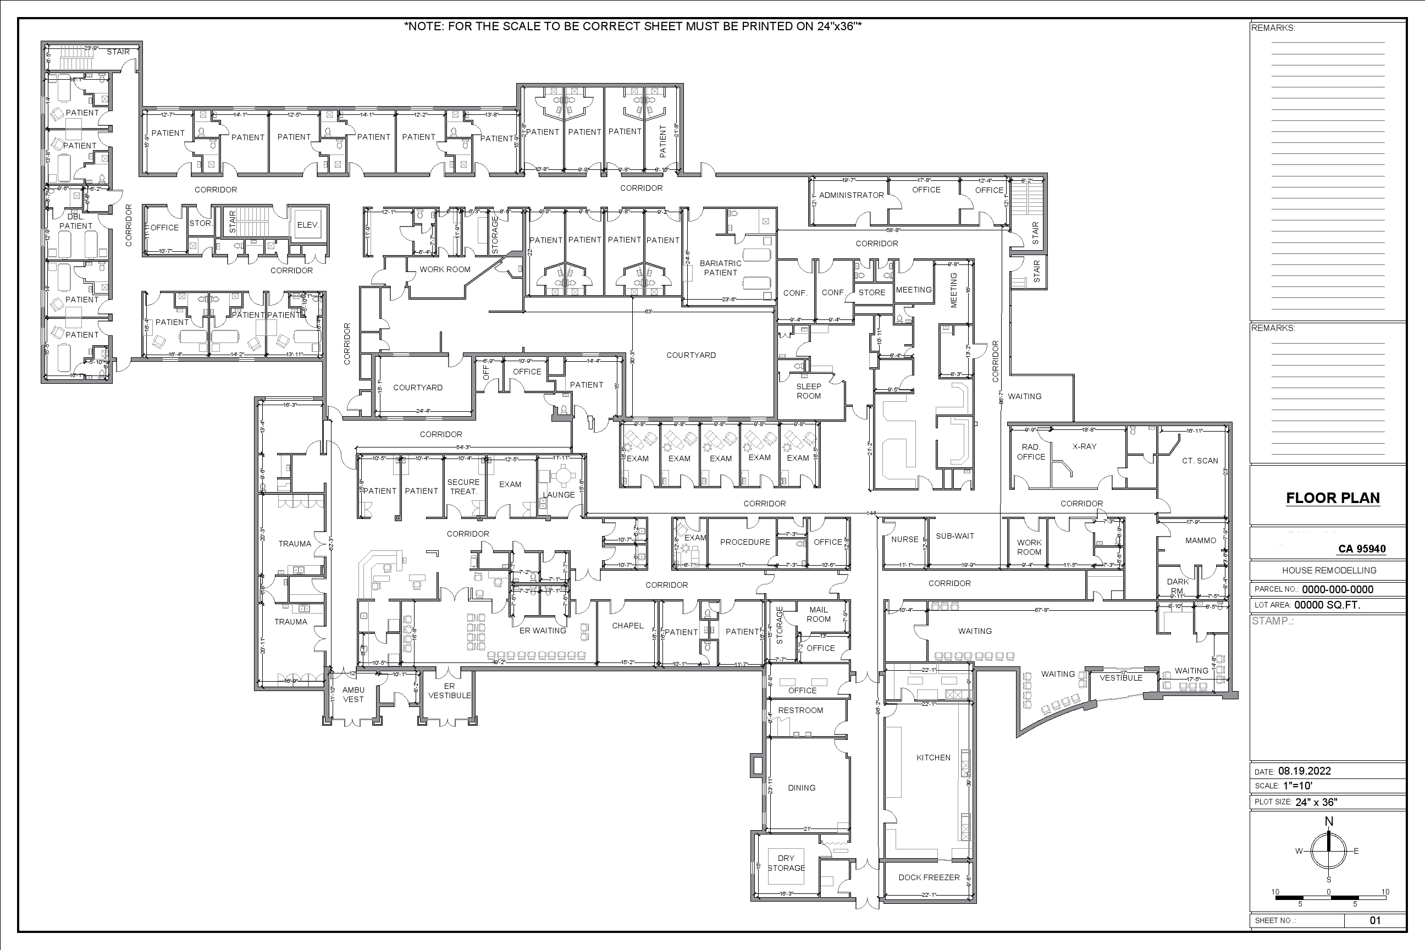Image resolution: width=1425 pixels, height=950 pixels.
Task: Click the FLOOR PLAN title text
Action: point(1332,498)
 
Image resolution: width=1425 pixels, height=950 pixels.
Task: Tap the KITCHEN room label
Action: point(933,758)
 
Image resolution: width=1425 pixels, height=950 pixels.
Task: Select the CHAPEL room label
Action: point(628,626)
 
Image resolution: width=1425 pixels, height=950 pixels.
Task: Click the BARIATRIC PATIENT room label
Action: point(720,268)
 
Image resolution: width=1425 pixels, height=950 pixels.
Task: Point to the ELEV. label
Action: point(308,225)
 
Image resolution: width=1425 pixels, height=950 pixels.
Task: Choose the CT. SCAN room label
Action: point(1200,461)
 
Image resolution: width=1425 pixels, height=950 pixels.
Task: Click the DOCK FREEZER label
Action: point(929,877)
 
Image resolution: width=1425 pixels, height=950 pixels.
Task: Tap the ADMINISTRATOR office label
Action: point(851,195)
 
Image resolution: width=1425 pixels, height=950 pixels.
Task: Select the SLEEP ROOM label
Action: point(808,391)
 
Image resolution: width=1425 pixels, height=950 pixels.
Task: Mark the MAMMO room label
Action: point(1200,540)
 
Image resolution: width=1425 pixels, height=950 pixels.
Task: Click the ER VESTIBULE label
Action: point(449,691)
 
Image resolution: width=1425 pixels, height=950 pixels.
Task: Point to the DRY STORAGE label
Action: point(786,863)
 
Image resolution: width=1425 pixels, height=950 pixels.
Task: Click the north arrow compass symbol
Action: point(1329,850)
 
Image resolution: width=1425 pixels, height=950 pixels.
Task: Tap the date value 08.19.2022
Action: point(1305,771)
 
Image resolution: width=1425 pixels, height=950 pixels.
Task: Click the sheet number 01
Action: point(1375,920)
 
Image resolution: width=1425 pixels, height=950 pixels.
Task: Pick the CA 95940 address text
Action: point(1361,549)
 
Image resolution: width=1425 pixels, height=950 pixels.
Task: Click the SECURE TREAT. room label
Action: point(463,487)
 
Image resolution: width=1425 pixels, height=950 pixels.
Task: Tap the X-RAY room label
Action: point(1084,446)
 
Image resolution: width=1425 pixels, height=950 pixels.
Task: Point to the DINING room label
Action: point(801,788)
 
